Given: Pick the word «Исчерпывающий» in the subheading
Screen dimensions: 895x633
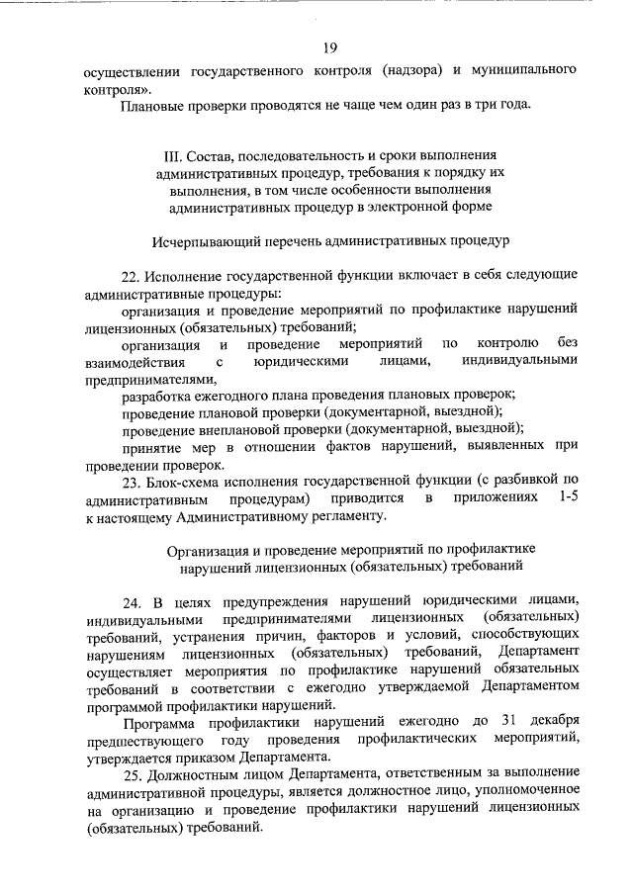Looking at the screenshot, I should (204, 240).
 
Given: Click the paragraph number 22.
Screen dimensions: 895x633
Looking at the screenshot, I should (134, 276).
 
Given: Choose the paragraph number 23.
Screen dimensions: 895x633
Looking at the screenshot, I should (134, 482).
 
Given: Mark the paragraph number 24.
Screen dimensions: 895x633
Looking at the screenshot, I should (134, 602).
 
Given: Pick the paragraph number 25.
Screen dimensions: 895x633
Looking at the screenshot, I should (134, 774).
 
